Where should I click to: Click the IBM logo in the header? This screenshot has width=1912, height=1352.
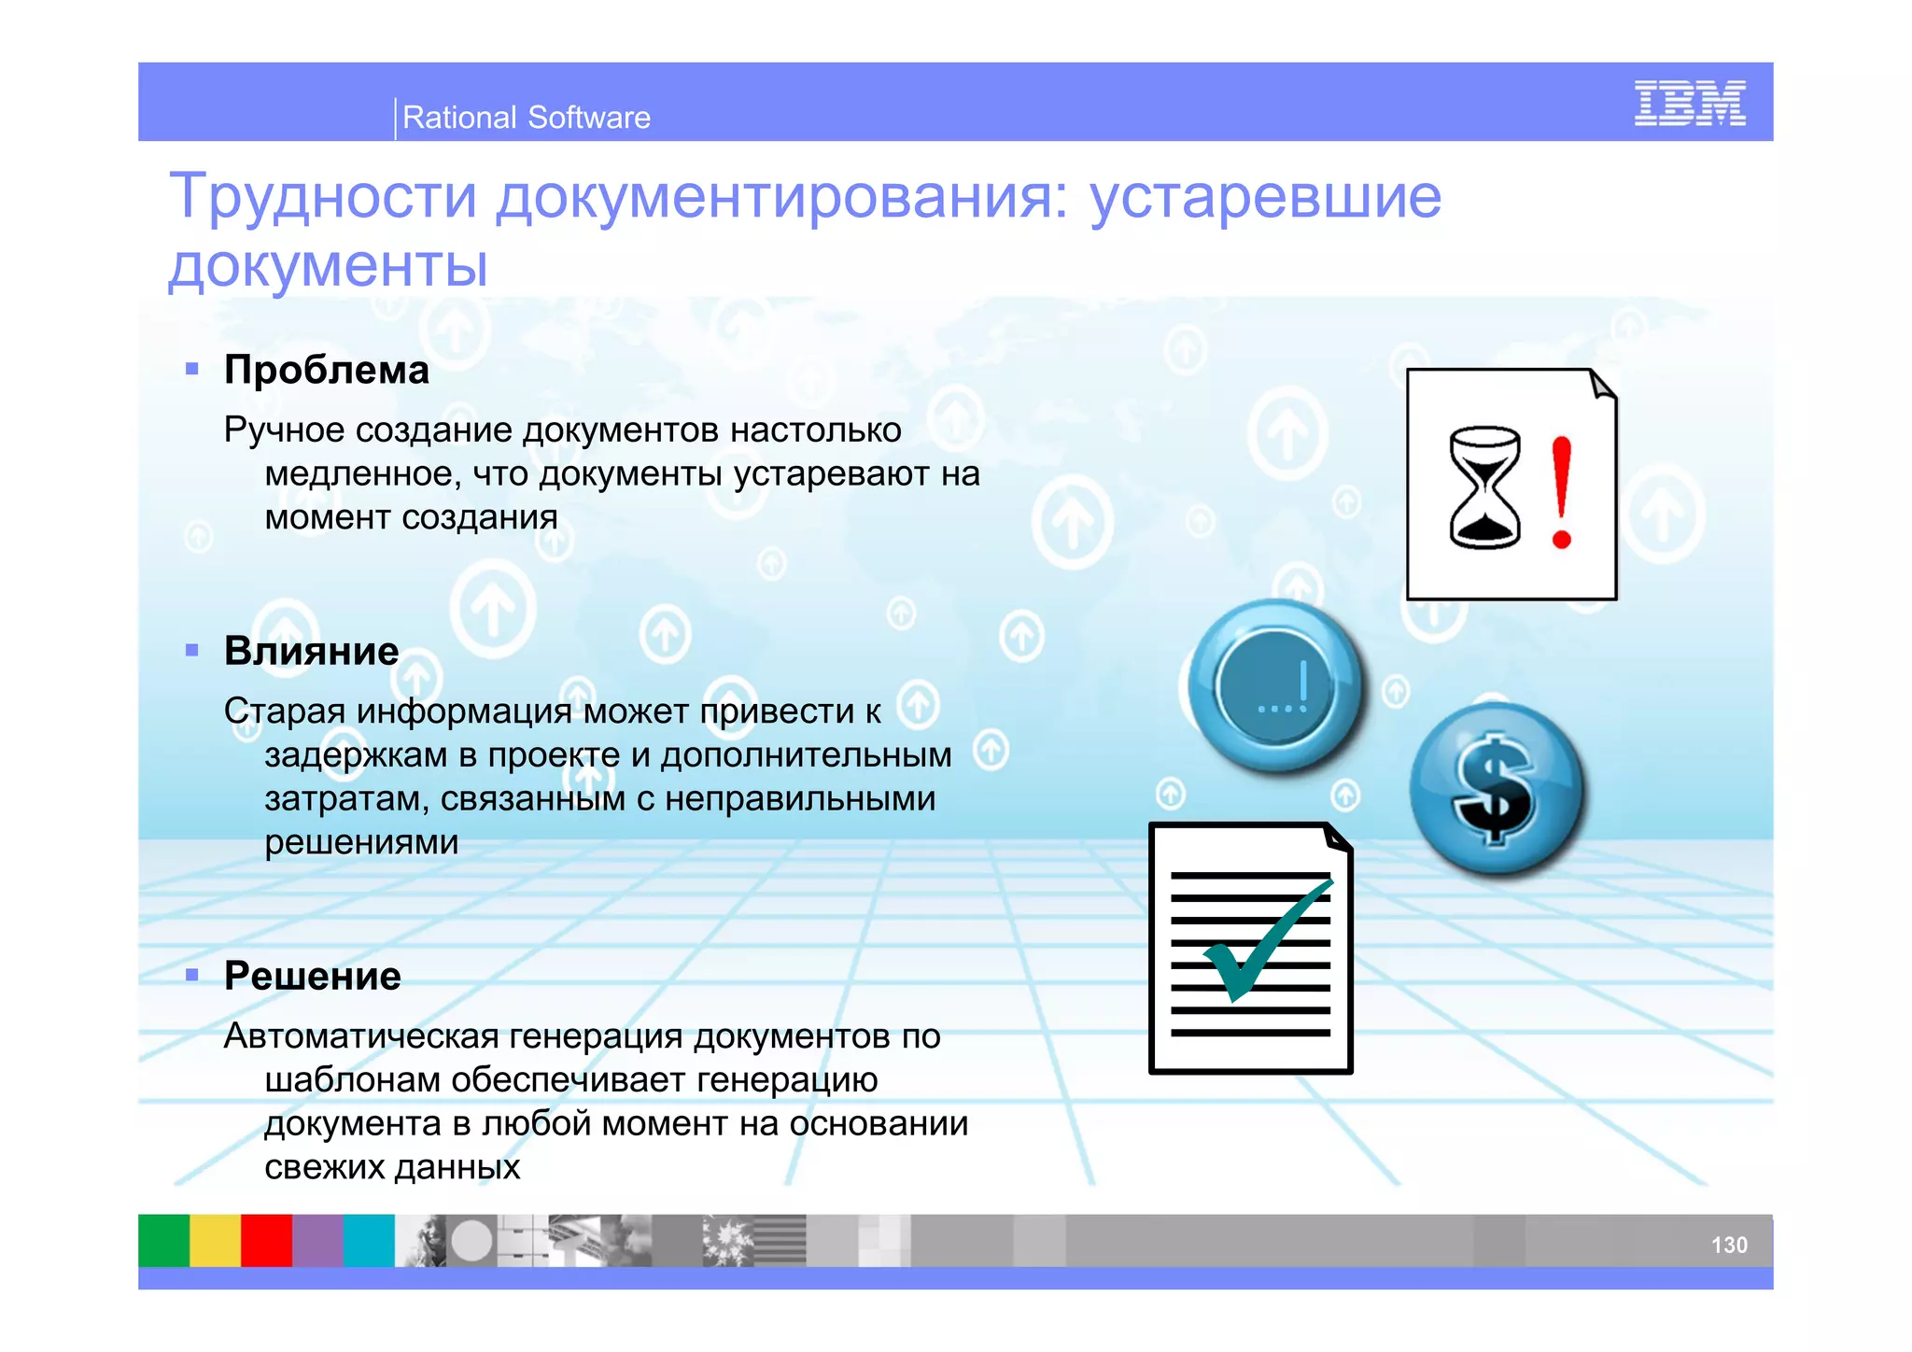[x=1689, y=104]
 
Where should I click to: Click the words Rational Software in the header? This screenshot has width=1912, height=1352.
[x=526, y=118]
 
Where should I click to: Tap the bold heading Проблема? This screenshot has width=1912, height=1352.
[x=327, y=370]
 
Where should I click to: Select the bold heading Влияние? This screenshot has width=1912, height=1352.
[x=311, y=651]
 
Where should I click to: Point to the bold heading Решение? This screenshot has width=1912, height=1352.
[x=313, y=976]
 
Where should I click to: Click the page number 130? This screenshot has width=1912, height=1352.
[x=1728, y=1245]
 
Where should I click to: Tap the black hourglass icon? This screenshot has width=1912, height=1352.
[x=1484, y=487]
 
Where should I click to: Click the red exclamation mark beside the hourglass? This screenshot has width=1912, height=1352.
[x=1561, y=492]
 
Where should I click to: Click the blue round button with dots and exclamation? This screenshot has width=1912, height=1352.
[x=1276, y=686]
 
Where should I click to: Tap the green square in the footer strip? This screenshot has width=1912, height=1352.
[x=164, y=1240]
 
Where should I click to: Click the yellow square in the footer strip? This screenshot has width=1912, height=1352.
[x=216, y=1240]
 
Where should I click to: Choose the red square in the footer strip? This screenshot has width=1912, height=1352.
[x=267, y=1240]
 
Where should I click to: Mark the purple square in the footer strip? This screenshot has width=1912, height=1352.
[x=318, y=1240]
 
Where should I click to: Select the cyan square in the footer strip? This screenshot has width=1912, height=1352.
[x=370, y=1240]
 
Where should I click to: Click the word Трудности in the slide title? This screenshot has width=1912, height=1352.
[x=323, y=197]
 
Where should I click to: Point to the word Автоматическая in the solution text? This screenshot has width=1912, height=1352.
[x=362, y=1036]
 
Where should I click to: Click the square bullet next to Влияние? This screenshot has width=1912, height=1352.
[x=192, y=651]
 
